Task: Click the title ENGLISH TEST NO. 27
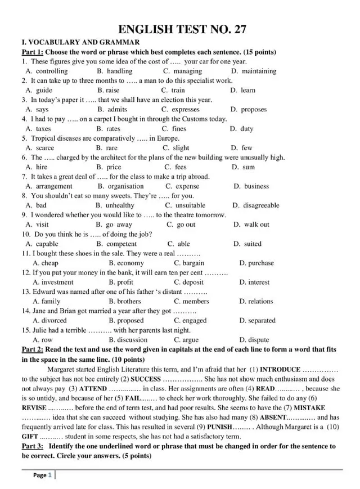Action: coord(183,30)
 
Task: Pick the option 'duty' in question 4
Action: coord(246,128)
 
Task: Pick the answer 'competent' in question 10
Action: coord(121,244)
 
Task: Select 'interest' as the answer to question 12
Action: coord(259,282)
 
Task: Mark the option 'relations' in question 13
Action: coord(260,301)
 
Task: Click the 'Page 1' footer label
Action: coord(42,475)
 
